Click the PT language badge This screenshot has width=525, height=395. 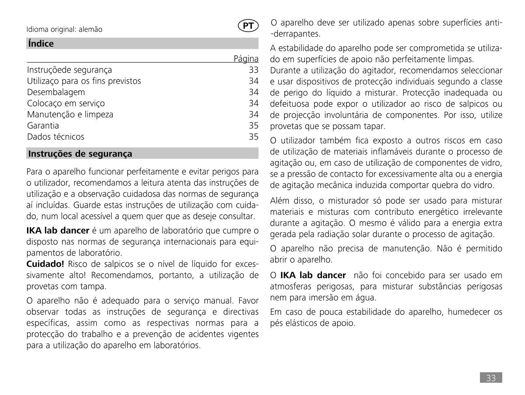pyautogui.click(x=248, y=26)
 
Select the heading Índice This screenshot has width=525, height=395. pyautogui.click(x=41, y=44)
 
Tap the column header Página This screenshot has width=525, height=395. pyautogui.click(x=246, y=59)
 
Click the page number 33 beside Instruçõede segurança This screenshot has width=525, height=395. pyautogui.click(x=254, y=70)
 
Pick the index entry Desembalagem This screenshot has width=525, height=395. pyautogui.click(x=56, y=92)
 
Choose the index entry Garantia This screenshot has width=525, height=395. pyautogui.click(x=43, y=126)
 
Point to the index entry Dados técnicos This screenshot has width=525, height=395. pyautogui.click(x=56, y=137)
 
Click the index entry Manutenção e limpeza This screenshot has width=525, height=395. pyautogui.click(x=70, y=115)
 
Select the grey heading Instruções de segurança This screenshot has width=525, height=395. pyautogui.click(x=80, y=154)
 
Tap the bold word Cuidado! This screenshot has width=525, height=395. pyautogui.click(x=45, y=264)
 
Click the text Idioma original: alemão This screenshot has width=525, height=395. pyautogui.click(x=64, y=30)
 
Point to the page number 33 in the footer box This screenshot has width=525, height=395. pyautogui.click(x=491, y=378)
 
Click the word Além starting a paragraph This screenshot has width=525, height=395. pyautogui.click(x=280, y=201)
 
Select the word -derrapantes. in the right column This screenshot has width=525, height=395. pyautogui.click(x=295, y=34)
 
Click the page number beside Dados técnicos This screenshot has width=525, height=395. pyautogui.click(x=254, y=137)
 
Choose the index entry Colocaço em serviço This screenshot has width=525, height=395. pyautogui.click(x=66, y=103)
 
